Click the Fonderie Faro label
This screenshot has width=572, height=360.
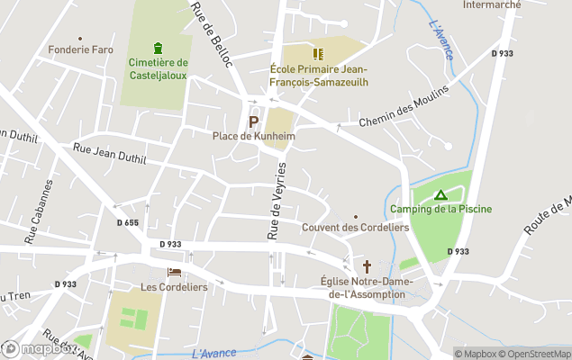(x=81, y=49)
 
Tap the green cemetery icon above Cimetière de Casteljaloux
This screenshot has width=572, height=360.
(x=159, y=48)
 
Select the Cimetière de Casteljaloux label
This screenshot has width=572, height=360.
(x=159, y=68)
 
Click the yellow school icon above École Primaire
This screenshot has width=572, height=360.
(x=318, y=53)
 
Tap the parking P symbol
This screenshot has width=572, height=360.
(x=253, y=121)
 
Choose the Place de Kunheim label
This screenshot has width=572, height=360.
(x=253, y=136)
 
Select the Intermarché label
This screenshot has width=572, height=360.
(x=491, y=4)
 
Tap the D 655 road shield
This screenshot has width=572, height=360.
(x=128, y=222)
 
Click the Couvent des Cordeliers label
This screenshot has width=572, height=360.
(x=355, y=228)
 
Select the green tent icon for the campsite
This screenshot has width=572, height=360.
(x=440, y=194)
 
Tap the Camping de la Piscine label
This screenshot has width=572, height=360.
(x=440, y=209)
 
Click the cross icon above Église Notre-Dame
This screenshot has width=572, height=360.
(x=367, y=266)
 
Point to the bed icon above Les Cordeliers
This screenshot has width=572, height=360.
(x=174, y=272)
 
